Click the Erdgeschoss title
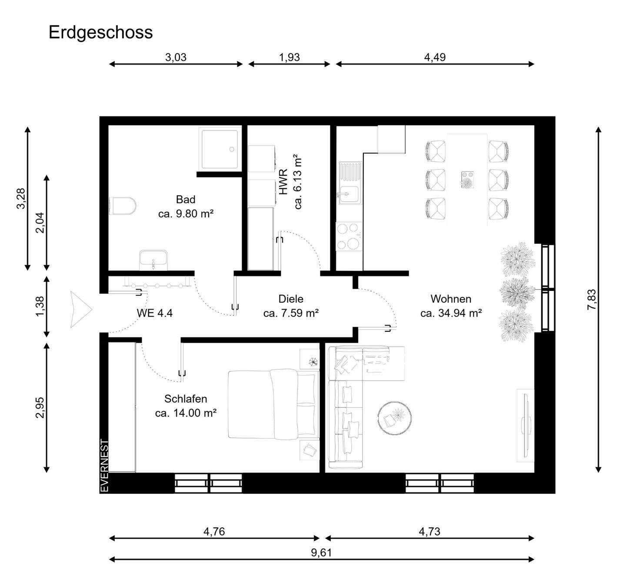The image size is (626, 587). coord(100,33)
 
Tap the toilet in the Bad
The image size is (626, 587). coord(122,206)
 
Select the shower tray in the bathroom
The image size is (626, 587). coord(220,148)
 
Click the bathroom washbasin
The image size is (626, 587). coord(153,260)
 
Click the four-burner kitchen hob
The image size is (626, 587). coord(349,236)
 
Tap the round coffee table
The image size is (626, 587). coord(395,418)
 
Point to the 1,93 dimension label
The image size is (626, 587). coord(290,57)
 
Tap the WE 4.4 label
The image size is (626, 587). coord(154,313)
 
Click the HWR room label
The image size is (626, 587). coord(284,182)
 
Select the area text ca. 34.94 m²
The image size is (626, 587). coord(451,313)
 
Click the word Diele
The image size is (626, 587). coord(291,299)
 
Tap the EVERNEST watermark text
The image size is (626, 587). coord(104,466)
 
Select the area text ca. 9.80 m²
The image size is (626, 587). coord(186,214)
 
